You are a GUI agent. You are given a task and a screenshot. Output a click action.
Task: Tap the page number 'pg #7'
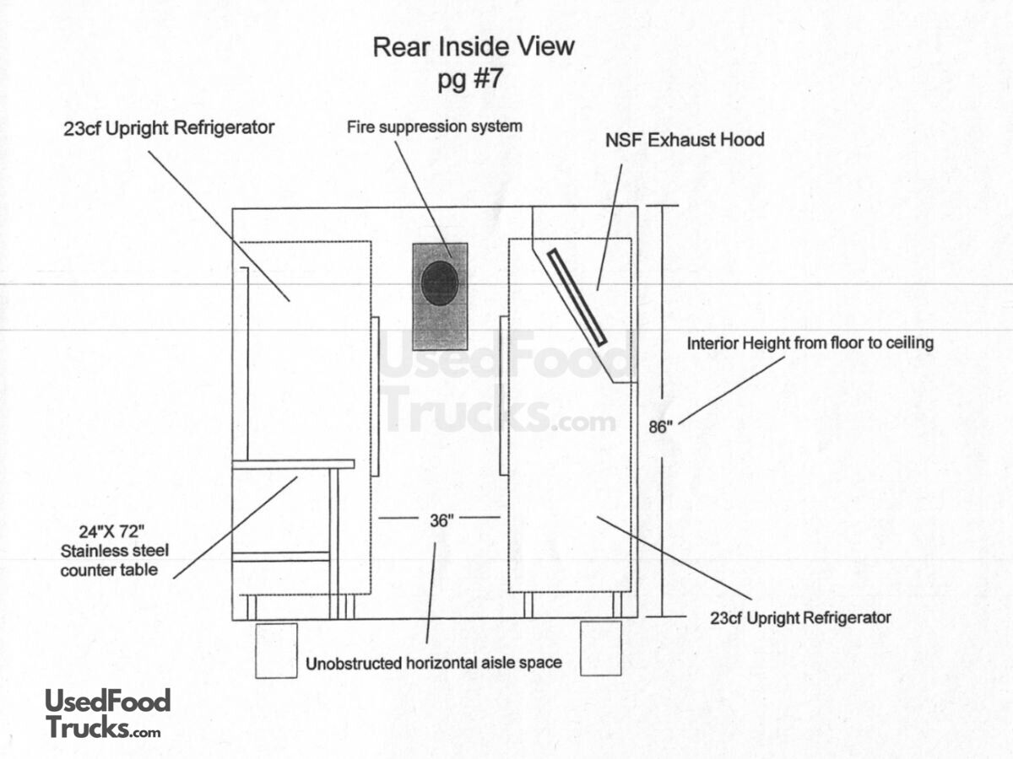[473, 80]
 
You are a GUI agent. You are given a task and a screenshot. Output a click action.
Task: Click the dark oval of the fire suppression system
[440, 283]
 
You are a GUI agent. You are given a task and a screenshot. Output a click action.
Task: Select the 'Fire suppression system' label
[435, 126]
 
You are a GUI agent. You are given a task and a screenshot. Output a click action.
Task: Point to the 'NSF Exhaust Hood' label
[685, 139]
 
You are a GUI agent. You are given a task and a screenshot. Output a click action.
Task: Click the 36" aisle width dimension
[440, 520]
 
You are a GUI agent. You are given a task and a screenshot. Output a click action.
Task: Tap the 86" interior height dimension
[659, 427]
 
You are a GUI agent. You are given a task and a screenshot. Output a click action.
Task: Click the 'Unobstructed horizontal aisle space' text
[434, 663]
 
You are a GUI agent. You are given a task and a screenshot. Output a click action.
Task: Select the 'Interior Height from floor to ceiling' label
[810, 343]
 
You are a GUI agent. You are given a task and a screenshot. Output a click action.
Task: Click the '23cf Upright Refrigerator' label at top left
[169, 128]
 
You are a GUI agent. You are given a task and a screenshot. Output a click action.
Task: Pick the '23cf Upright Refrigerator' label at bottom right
[800, 618]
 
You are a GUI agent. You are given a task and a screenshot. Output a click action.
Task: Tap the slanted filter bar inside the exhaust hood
[577, 297]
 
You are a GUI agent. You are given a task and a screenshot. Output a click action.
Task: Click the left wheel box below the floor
[276, 650]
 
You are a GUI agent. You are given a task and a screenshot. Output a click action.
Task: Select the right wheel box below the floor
[601, 649]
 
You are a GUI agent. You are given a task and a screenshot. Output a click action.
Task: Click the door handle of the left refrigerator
[375, 396]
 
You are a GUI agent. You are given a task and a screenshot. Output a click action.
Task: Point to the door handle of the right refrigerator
[504, 396]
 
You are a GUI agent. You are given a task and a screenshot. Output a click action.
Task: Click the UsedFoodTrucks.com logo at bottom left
[107, 713]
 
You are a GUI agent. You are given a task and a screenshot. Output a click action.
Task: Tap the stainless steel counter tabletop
[293, 464]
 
